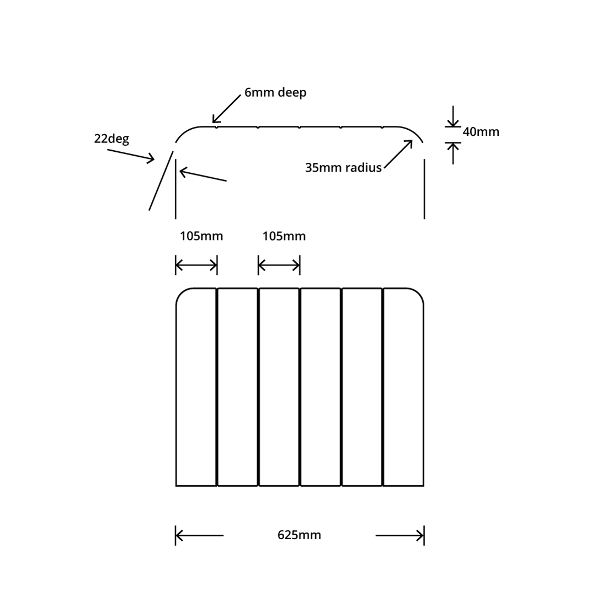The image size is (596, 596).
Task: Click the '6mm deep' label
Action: [275, 93]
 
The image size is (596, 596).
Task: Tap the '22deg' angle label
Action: [111, 139]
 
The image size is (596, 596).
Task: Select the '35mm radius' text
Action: [343, 168]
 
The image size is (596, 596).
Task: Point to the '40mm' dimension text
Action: [481, 132]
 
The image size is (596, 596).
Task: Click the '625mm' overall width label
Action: [299, 535]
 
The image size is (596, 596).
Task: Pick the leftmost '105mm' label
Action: [201, 236]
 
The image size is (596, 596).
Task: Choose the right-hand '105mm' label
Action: [284, 236]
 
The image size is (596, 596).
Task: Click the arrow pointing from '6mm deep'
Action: [226, 109]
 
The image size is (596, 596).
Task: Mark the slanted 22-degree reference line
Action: [161, 180]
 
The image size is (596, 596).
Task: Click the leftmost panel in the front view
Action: [196, 386]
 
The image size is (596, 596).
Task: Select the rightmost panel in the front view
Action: [403, 386]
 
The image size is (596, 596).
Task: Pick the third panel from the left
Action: [279, 386]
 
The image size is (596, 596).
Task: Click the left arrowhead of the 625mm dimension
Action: [180, 535]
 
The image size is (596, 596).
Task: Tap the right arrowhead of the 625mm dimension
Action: [419, 535]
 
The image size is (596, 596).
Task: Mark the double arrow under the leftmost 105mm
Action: [196, 265]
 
